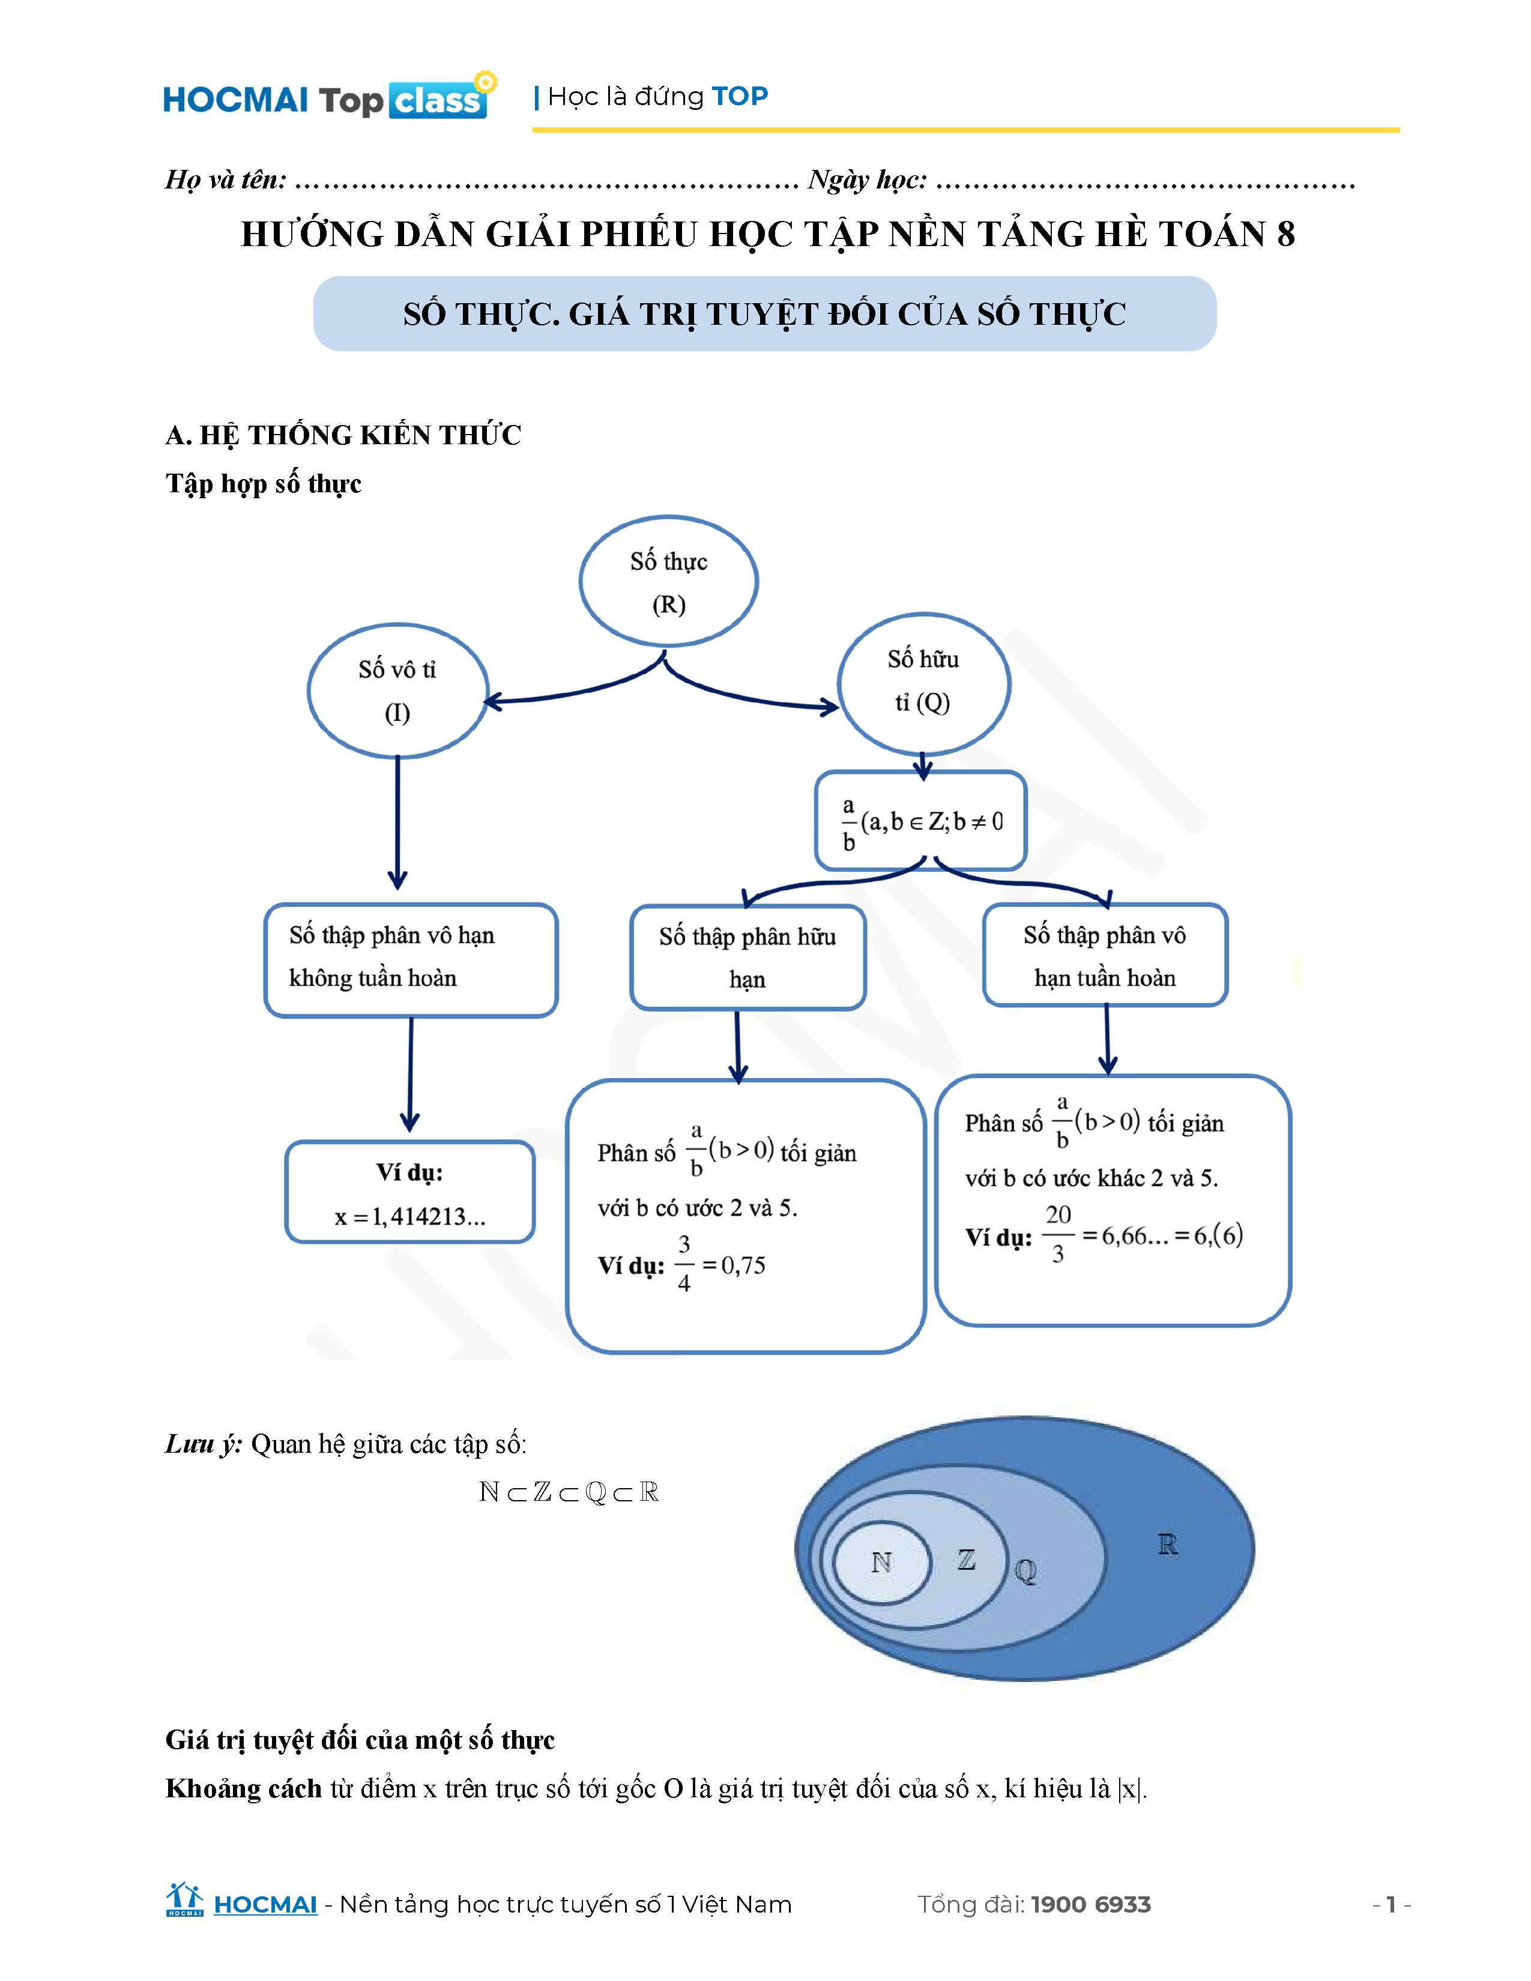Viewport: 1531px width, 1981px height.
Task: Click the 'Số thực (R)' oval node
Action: click(x=668, y=582)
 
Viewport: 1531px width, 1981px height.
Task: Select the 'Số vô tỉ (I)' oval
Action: click(x=397, y=691)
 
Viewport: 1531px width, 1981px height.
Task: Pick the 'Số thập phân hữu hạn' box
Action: click(x=747, y=957)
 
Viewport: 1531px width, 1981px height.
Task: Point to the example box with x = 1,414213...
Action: click(x=410, y=1193)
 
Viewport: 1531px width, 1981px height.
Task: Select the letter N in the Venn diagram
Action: click(x=881, y=1562)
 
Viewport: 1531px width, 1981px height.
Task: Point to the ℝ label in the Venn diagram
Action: click(x=1167, y=1544)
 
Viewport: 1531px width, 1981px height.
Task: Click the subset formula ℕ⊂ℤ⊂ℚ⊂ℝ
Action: click(x=569, y=1492)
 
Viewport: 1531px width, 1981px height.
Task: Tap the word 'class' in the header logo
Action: click(x=438, y=101)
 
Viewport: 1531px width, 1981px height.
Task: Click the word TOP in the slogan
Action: click(x=740, y=96)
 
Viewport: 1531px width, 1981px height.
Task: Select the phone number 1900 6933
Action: click(x=1090, y=1904)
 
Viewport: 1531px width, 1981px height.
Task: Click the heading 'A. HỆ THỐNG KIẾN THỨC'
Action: click(x=343, y=435)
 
